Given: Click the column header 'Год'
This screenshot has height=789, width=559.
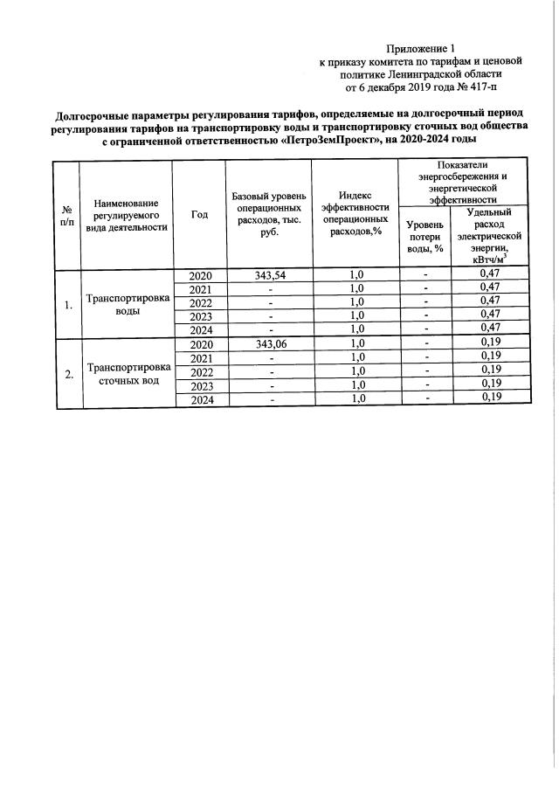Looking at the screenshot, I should (199, 215).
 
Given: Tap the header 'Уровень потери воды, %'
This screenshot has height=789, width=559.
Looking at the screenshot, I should (425, 237).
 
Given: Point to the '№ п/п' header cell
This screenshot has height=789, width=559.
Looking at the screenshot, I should (66, 215).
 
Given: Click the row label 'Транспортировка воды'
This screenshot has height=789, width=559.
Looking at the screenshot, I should (127, 303).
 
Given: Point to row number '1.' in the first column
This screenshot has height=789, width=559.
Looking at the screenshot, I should (67, 305).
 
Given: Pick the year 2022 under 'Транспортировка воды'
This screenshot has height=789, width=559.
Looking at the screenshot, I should (200, 303).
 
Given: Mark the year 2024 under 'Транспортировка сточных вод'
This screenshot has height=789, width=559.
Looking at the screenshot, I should (200, 400).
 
